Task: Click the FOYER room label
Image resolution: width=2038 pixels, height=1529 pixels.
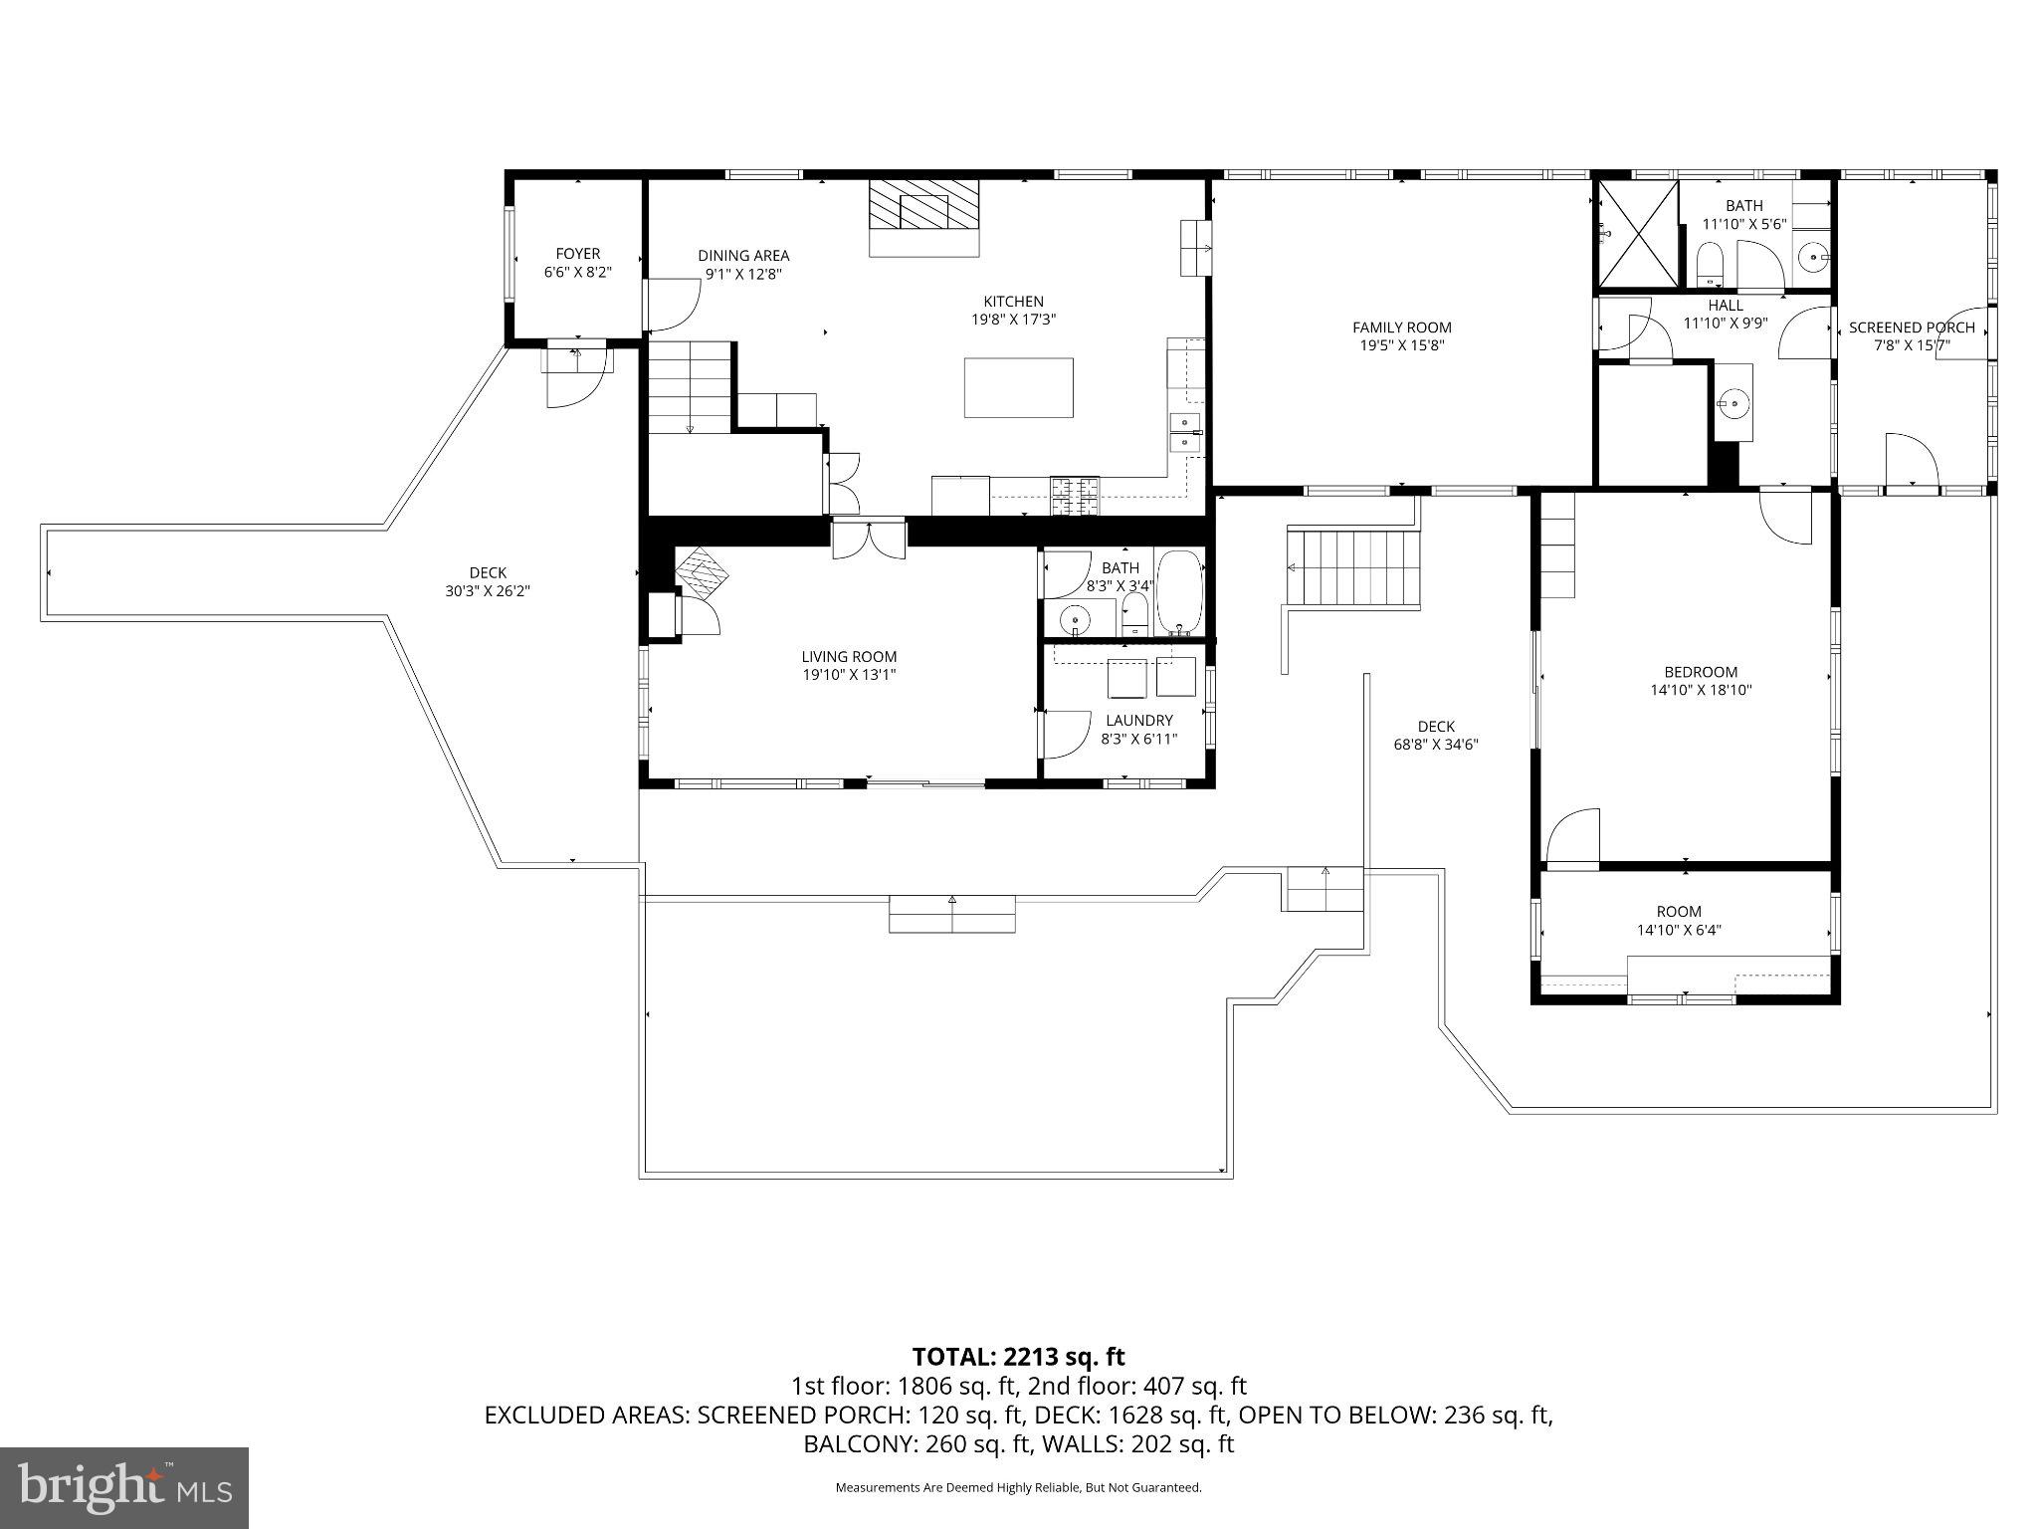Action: click(578, 254)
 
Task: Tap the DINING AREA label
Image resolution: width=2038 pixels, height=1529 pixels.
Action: click(743, 256)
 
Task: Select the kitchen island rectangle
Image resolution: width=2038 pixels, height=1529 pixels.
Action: click(1018, 387)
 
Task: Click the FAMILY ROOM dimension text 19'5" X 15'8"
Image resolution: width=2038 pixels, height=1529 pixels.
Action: click(1401, 345)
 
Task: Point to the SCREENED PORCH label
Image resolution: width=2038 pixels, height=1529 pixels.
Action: click(1911, 328)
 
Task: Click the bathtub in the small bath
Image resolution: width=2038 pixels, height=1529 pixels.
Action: click(1180, 592)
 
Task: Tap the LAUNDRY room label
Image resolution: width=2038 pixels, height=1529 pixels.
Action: click(1139, 720)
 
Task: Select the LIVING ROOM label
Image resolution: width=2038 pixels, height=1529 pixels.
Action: click(849, 656)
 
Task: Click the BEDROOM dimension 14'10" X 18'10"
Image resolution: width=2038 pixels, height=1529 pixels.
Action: click(1700, 689)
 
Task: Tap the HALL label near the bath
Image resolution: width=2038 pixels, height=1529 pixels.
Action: click(1726, 306)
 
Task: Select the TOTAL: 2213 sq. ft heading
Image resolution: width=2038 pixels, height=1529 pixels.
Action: click(1018, 1356)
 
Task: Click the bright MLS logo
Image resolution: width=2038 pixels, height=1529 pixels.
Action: click(124, 1488)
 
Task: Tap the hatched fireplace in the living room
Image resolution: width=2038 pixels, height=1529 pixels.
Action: click(703, 573)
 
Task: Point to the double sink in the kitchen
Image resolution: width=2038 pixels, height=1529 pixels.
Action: click(1184, 432)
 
